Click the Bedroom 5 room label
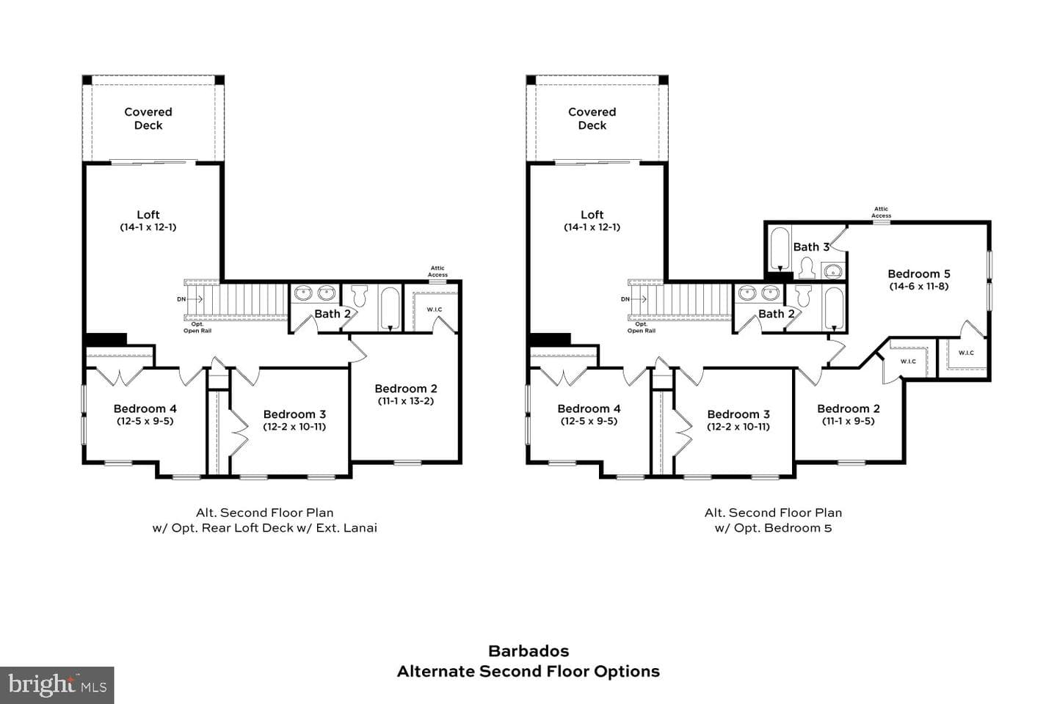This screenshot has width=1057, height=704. (919, 274)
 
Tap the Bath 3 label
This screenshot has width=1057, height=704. (811, 247)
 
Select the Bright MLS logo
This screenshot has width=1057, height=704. (57, 685)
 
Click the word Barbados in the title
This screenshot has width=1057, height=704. (528, 651)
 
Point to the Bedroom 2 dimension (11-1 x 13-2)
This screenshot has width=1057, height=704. (406, 401)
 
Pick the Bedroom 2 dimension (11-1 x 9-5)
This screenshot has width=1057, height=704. (849, 421)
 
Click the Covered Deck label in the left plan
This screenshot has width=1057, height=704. (148, 119)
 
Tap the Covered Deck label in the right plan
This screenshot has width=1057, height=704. (592, 119)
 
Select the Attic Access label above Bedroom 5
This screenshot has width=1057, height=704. (881, 212)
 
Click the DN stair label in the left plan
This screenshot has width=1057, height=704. (181, 299)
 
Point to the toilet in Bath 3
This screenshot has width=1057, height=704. (807, 268)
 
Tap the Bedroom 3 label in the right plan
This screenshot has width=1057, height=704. (738, 414)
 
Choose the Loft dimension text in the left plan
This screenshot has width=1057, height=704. (148, 227)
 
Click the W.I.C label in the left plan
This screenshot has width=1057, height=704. (434, 309)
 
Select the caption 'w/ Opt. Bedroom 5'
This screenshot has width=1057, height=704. (773, 528)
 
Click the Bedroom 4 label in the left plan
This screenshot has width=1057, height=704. (145, 408)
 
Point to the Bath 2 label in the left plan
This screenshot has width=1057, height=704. (333, 314)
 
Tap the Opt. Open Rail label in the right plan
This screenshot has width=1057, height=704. (642, 328)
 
